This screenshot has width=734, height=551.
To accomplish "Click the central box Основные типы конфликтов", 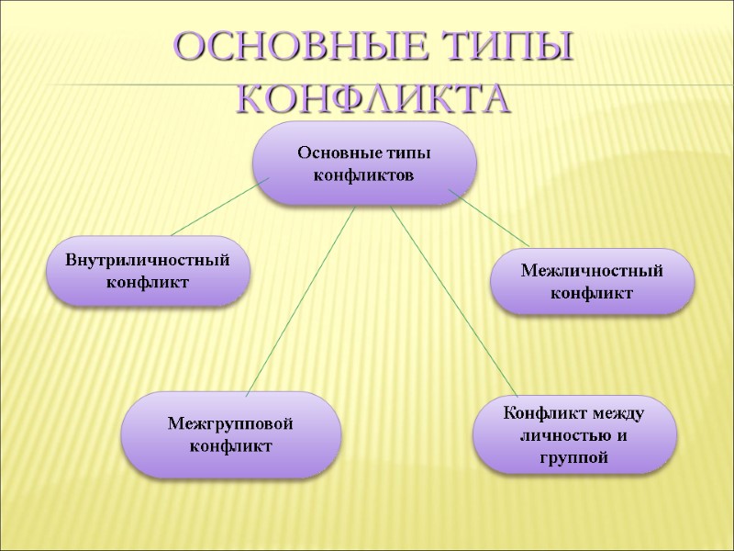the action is point(364,163).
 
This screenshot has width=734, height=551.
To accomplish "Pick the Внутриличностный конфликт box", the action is point(147,271).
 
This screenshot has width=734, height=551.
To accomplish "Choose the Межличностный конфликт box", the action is point(592,282).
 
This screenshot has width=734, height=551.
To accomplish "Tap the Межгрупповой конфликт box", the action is point(230,434).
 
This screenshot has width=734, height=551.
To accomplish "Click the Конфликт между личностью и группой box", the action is point(574,434).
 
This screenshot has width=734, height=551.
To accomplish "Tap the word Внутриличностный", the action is point(147,261).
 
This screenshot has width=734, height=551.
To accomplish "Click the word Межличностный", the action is point(592,272).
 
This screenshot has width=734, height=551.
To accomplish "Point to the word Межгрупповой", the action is point(230,424).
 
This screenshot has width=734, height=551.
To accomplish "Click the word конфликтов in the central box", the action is point(364,174).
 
